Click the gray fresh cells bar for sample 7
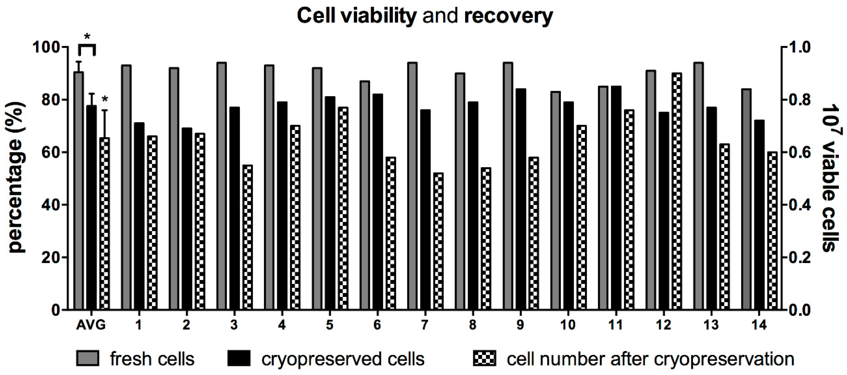pyautogui.click(x=412, y=186)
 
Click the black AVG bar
pyautogui.click(x=91, y=207)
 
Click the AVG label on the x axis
pyautogui.click(x=91, y=325)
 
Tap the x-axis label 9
pyautogui.click(x=520, y=325)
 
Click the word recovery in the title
pyautogui.click(x=508, y=16)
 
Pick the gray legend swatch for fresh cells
pyautogui.click(x=88, y=358)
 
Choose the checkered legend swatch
pyautogui.click(x=484, y=358)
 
